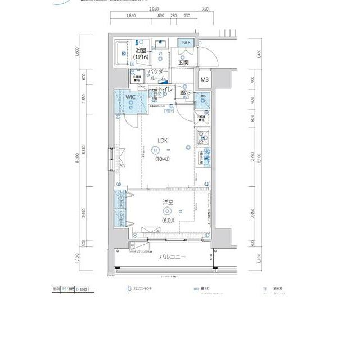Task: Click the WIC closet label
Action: (130, 97)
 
